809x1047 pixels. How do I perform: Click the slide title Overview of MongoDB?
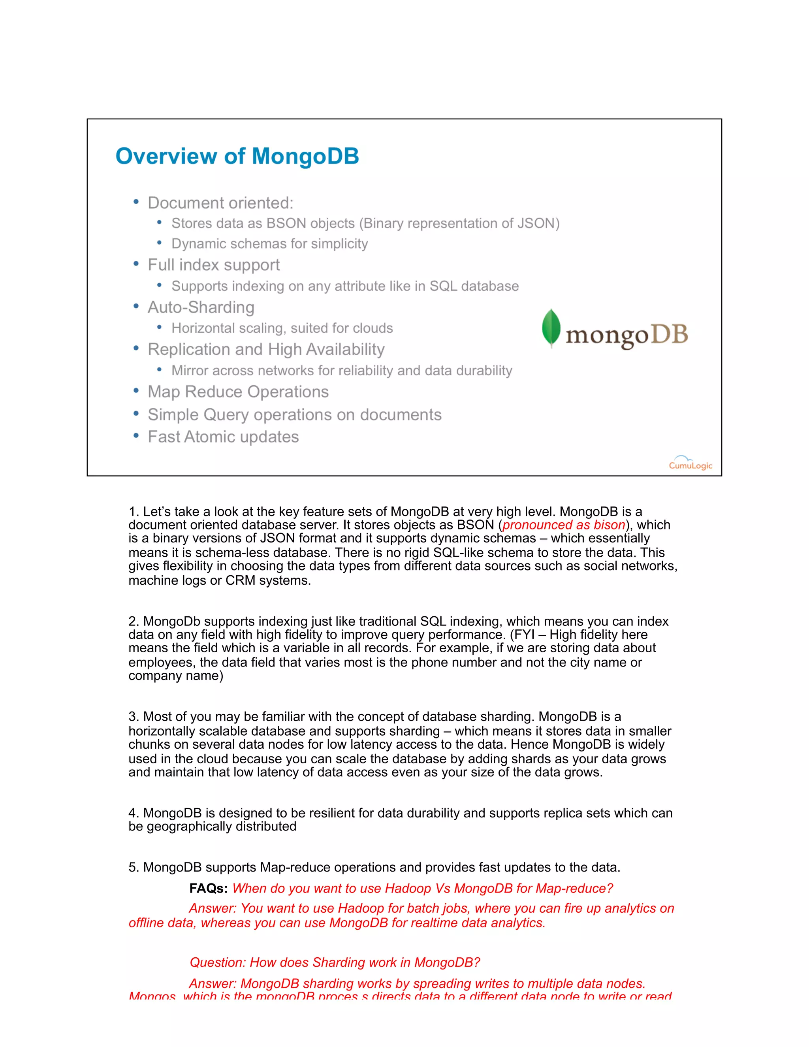point(237,156)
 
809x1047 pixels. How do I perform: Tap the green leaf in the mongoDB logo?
point(551,328)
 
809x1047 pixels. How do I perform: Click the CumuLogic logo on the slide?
point(690,463)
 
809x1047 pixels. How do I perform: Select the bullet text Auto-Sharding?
point(201,307)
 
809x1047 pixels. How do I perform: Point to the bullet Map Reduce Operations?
point(238,392)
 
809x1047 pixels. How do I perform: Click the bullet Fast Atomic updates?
point(223,437)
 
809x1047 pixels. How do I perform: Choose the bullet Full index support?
point(213,265)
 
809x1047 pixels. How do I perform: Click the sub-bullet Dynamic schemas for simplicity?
point(269,243)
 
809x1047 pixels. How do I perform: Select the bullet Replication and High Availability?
point(266,350)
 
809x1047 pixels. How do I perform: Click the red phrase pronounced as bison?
point(564,525)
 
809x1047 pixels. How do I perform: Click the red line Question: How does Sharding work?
point(335,962)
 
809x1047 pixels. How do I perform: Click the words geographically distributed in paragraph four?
point(222,827)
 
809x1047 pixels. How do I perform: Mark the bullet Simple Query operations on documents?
point(294,415)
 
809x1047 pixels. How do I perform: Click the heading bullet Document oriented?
point(220,203)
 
